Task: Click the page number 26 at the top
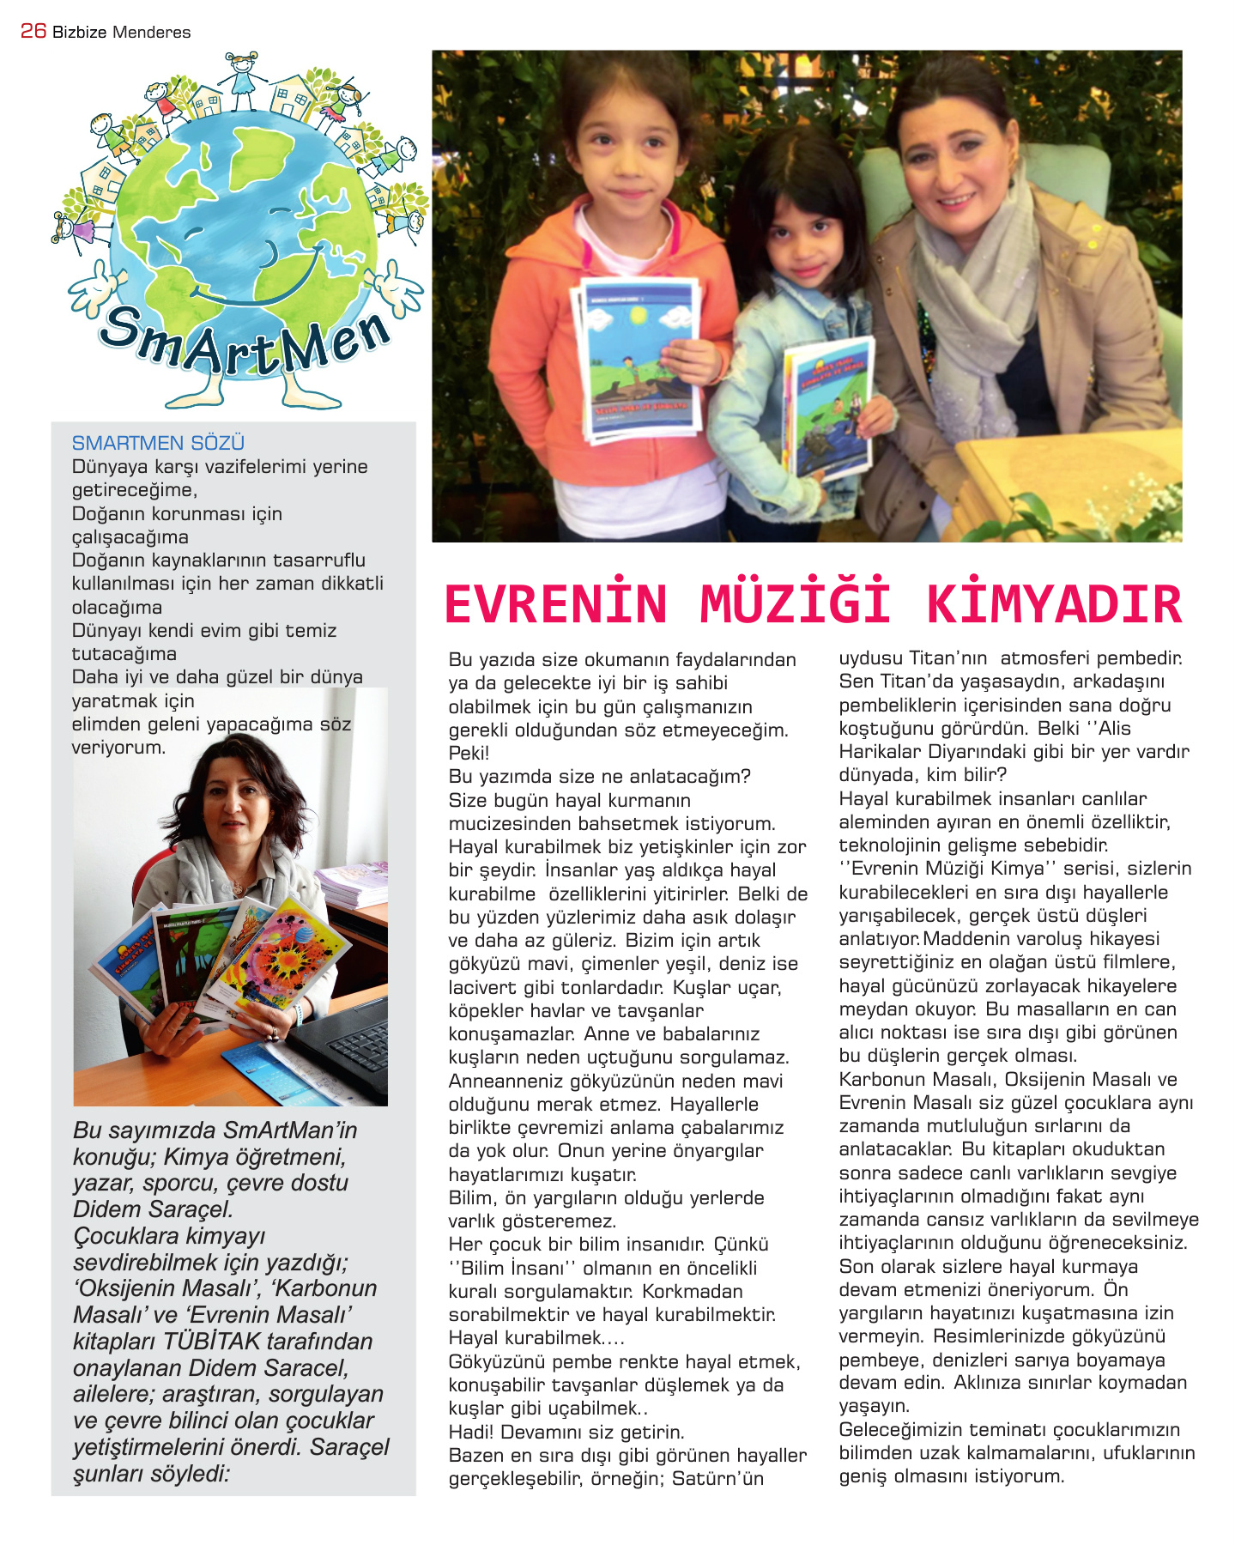33,31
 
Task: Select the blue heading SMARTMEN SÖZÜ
158,443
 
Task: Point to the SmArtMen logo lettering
245,344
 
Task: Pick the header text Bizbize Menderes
122,33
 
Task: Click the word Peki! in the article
469,754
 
